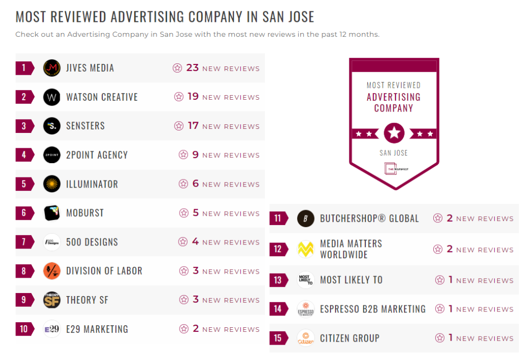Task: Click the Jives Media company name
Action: [90, 68]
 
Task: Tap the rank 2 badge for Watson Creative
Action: [24, 97]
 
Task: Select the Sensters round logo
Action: [52, 126]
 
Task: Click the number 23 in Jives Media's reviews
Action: [192, 68]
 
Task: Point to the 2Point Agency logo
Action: [52, 155]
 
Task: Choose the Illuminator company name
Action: [92, 184]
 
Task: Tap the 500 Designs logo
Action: [52, 242]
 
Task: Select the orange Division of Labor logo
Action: [52, 271]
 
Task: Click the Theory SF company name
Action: [87, 300]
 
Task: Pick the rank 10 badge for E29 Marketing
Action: [24, 329]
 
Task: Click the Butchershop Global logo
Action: [305, 218]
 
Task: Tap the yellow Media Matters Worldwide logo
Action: [305, 249]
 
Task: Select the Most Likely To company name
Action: [351, 280]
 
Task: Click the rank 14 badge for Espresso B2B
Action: [278, 309]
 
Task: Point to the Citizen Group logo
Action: [305, 338]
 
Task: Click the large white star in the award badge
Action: [394, 133]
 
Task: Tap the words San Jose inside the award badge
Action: [393, 153]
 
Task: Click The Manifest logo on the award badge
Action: [393, 169]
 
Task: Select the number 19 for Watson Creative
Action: [193, 97]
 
